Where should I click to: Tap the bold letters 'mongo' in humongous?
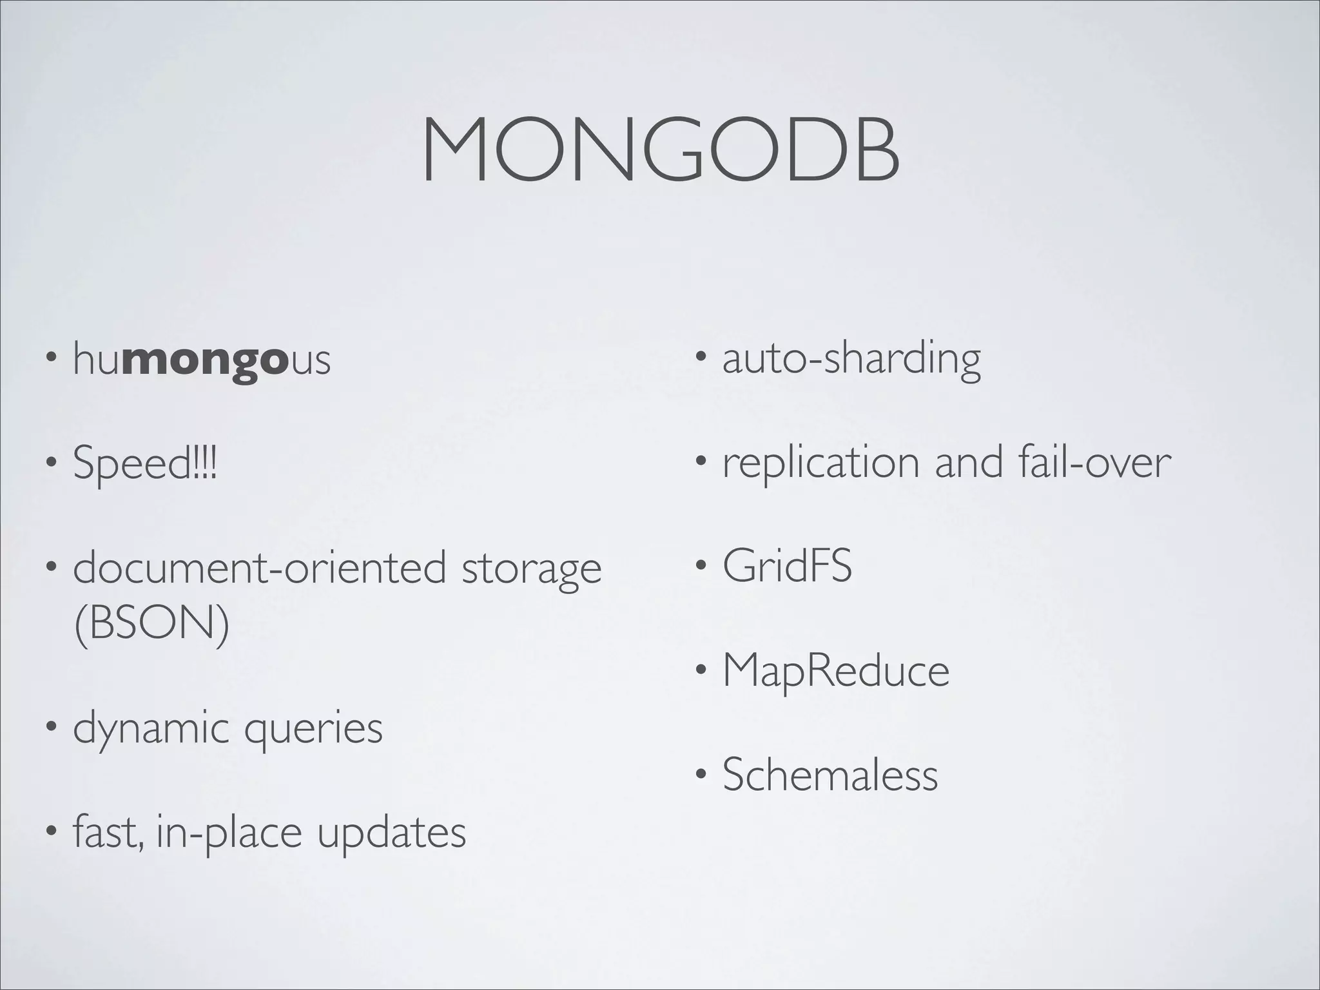click(203, 360)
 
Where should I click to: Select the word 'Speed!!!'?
click(145, 463)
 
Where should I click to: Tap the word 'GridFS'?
click(787, 566)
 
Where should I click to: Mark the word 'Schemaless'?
click(830, 774)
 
